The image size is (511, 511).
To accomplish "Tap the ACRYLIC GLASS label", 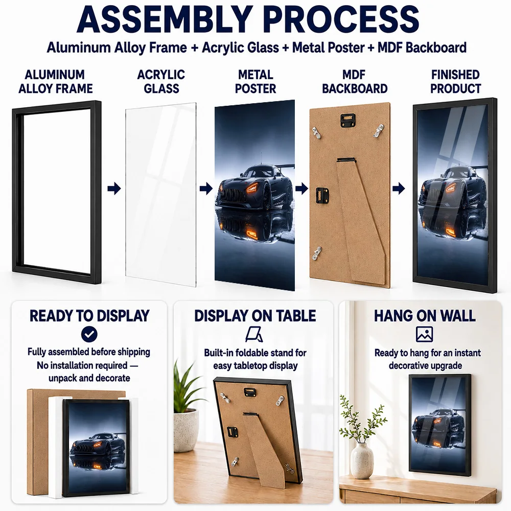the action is point(161,81).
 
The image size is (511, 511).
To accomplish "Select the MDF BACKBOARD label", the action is point(355,81).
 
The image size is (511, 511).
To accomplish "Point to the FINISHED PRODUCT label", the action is point(456,81).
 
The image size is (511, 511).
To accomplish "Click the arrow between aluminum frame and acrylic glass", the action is point(114,189).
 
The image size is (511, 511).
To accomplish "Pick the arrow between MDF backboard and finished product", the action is point(399,189).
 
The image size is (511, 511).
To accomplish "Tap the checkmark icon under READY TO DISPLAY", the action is point(89,334).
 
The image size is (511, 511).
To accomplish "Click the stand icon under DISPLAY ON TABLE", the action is point(254,335).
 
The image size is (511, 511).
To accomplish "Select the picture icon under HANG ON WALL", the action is point(424,334).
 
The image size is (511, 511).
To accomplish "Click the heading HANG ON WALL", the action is point(425,315).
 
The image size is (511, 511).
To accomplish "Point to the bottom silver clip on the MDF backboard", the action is point(317,253).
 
